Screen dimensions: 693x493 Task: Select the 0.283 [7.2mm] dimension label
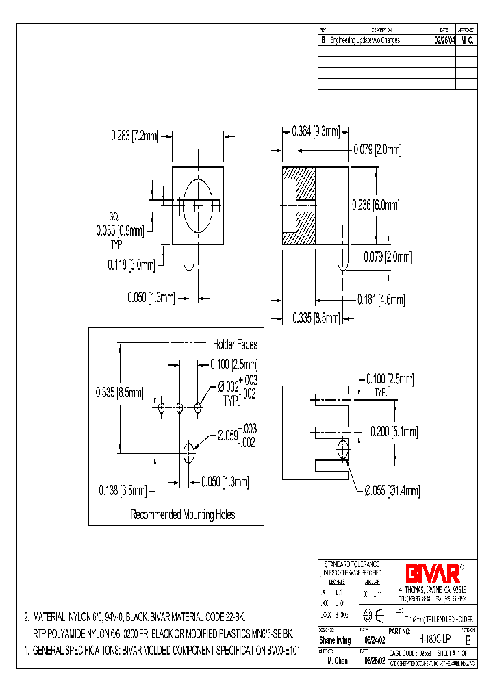coord(135,136)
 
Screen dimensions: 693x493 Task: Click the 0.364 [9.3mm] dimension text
coord(316,131)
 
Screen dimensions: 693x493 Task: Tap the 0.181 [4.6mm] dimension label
coord(381,299)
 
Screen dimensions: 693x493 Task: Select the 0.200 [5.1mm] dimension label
coord(393,431)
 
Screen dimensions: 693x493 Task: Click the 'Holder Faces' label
coord(235,345)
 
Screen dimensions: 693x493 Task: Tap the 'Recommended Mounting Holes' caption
coord(183,514)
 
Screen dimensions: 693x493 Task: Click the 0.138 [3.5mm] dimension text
coord(121,490)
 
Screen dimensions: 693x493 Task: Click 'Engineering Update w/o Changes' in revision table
coord(365,40)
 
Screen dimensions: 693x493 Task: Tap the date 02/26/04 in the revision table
coord(445,40)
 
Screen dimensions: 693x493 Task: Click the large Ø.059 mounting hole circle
coord(189,450)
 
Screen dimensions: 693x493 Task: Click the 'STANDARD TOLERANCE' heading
coord(351,564)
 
